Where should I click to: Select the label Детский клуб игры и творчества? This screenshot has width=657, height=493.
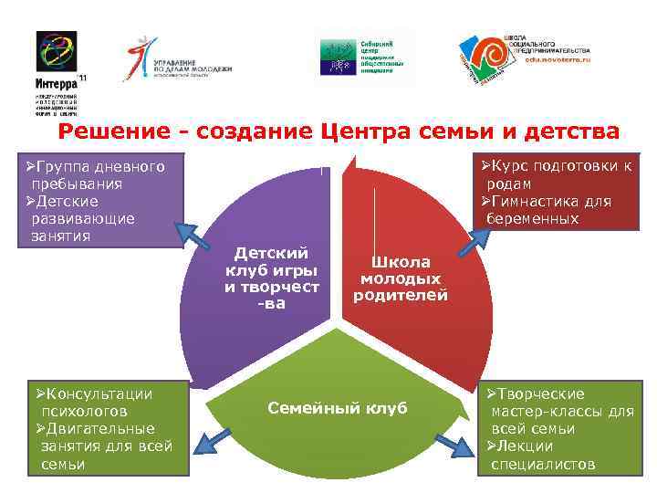point(272,278)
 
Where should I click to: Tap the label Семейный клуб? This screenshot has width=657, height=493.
point(338,407)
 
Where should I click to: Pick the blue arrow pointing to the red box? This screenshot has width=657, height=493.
point(475,236)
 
